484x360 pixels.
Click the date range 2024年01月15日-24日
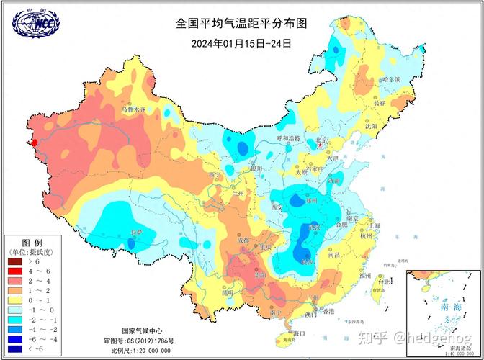tap(241, 42)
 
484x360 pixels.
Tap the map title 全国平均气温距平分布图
tap(241, 23)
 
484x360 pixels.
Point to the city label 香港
tap(328, 311)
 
